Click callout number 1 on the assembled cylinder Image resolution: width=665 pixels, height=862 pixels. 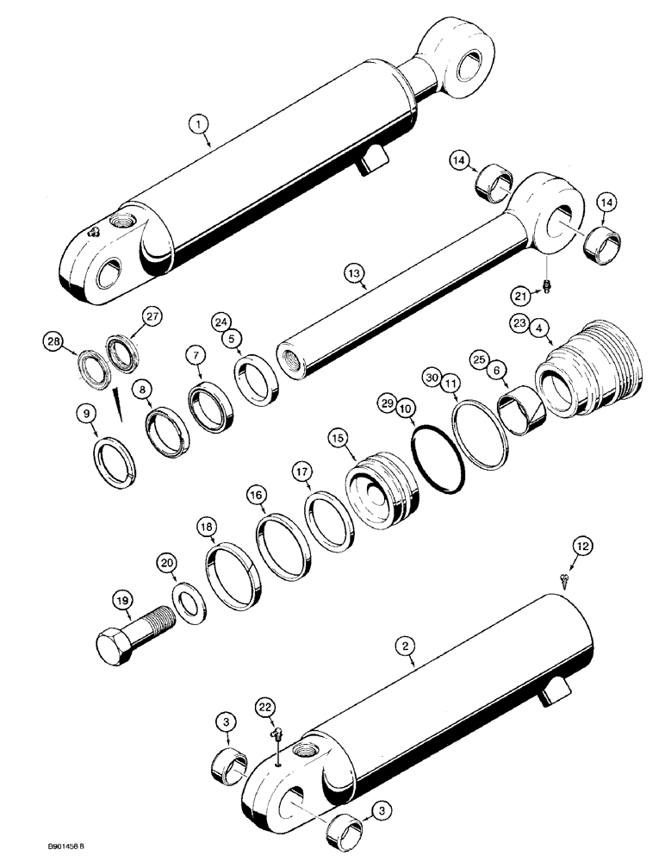tap(199, 126)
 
